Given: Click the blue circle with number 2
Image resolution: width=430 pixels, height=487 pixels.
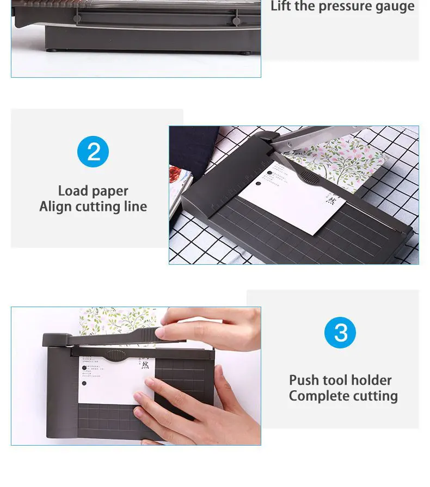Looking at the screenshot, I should coord(93,152).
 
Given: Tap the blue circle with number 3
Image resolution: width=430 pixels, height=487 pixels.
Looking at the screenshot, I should coord(340,333).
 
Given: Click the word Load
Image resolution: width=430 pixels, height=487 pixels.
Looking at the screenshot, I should coord(73,191).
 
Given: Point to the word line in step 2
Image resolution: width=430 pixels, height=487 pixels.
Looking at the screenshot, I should coord(134,207).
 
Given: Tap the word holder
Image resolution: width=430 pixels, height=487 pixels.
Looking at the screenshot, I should coord(372,380).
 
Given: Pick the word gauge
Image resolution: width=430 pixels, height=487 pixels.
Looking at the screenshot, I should coord(394,7).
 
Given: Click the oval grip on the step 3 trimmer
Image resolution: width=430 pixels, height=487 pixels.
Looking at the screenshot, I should coord(115,355).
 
